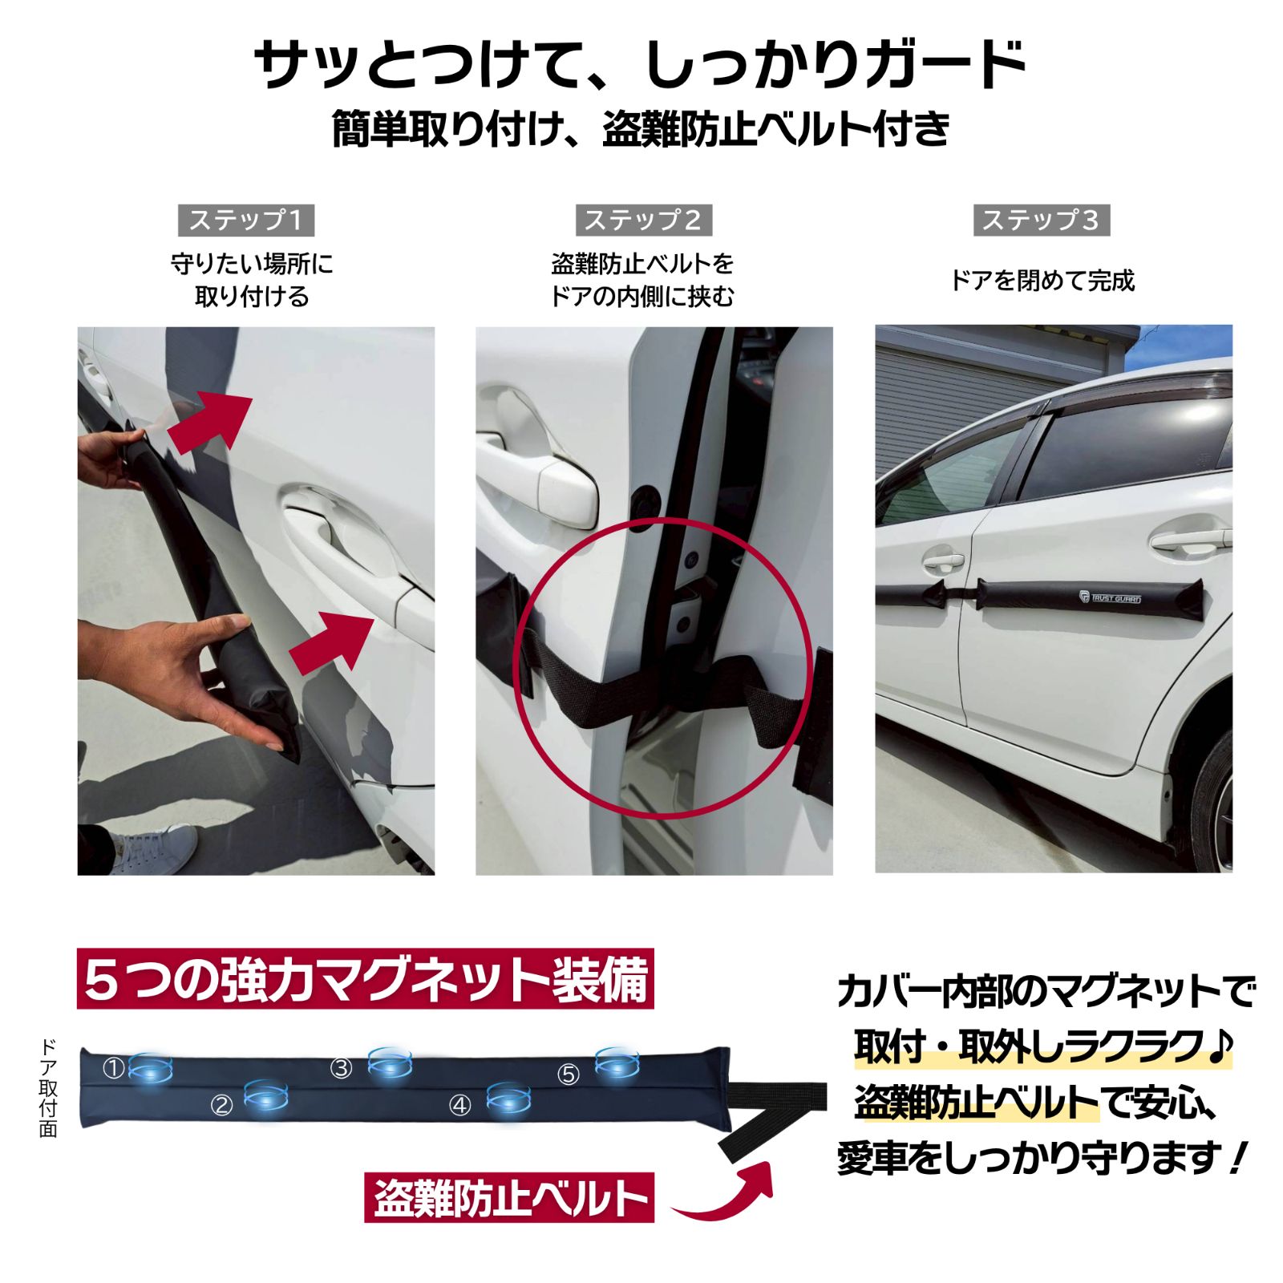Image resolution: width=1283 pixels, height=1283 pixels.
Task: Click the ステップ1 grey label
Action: [x=246, y=220]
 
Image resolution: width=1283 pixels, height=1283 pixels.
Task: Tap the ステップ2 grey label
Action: [x=643, y=220]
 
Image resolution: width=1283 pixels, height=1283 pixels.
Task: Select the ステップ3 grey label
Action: [x=1041, y=220]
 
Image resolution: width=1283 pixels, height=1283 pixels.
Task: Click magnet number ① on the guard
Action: [x=150, y=1068]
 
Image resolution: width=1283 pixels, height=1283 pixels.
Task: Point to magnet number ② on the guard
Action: [x=265, y=1095]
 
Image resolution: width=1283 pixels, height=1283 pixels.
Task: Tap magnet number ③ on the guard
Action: [x=390, y=1062]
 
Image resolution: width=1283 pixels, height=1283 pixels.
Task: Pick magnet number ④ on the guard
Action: [x=508, y=1099]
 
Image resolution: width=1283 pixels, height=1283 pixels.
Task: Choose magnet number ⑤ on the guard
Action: [x=617, y=1062]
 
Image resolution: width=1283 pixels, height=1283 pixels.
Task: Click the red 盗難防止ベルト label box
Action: [x=508, y=1198]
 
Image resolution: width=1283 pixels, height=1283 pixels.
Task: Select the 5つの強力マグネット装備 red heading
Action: [x=365, y=979]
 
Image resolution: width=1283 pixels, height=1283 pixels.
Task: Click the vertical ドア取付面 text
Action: [x=48, y=1088]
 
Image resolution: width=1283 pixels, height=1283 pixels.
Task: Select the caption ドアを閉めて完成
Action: [x=1042, y=281]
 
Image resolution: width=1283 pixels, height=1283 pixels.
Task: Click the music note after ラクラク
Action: [x=1220, y=1046]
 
